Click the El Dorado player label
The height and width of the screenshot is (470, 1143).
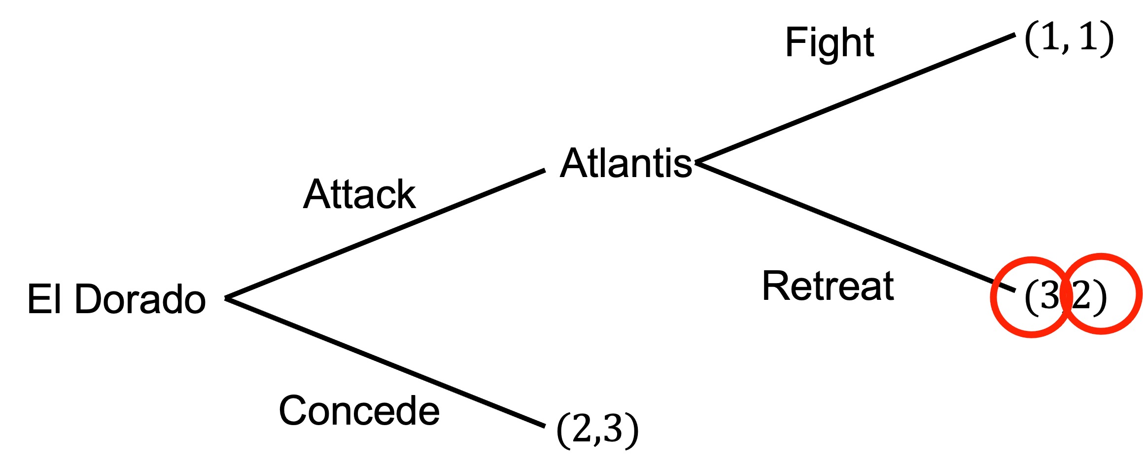pos(116,299)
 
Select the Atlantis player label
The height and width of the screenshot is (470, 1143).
pos(626,163)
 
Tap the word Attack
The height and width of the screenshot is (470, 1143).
pos(359,194)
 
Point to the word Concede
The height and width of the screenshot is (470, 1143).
pos(359,411)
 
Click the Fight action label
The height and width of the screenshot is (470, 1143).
pos(830,43)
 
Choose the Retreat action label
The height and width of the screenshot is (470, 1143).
pos(828,286)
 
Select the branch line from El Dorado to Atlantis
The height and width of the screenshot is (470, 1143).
pos(384,234)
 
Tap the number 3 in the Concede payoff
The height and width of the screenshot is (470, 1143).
pos(613,429)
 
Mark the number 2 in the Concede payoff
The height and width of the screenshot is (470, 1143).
pos(582,429)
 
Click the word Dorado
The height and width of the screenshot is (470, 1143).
pos(140,299)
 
